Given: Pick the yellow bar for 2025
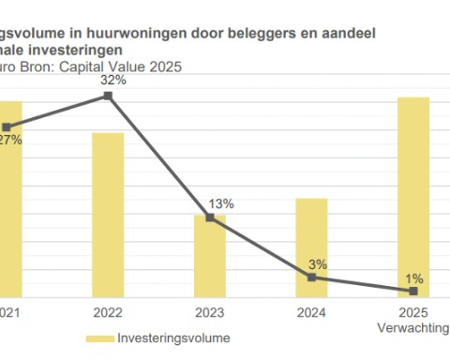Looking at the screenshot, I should pos(413,196).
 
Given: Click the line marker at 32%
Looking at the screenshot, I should pos(109,96).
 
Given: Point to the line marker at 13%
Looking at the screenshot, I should pos(210,217).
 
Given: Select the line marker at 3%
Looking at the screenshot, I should pos(312,277).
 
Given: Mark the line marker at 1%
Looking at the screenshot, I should pos(413,291).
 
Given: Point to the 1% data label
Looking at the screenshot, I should pos(414,277).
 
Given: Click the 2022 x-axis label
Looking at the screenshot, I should pos(109,311).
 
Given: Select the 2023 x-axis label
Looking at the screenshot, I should pos(210,311).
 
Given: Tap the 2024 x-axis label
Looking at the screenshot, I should pos(312,311).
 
